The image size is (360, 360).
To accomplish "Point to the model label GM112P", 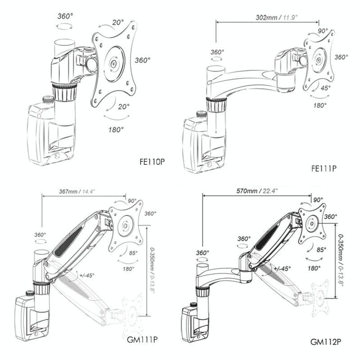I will tap(326, 341).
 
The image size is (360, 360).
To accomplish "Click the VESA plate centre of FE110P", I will tap(113, 64).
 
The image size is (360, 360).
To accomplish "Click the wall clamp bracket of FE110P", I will tap(40, 135).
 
